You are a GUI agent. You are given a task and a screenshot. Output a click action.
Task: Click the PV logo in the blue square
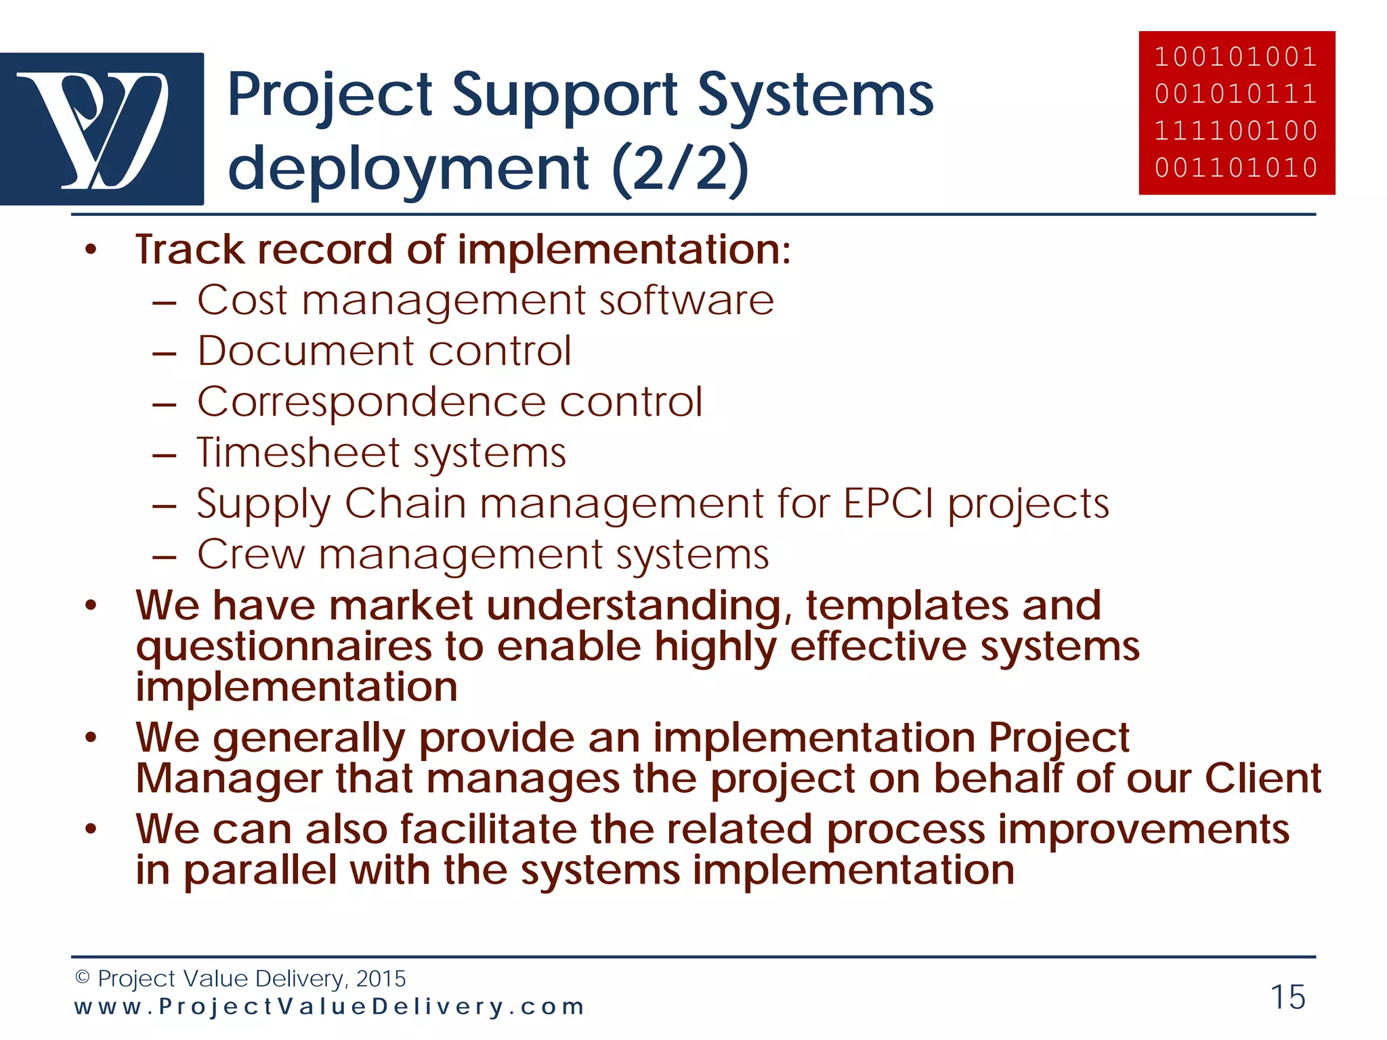102,129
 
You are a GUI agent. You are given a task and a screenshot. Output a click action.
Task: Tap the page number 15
1287,997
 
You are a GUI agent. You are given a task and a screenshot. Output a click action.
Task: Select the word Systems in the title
815,95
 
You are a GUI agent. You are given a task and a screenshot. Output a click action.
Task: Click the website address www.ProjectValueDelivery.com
329,1006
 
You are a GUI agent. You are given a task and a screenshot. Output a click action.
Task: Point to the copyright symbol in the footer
82,977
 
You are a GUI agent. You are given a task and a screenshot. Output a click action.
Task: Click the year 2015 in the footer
381,978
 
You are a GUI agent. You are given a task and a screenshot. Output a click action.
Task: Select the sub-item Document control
384,351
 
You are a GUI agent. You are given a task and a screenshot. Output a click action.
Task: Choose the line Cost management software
485,300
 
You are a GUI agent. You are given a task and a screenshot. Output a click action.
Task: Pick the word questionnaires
283,647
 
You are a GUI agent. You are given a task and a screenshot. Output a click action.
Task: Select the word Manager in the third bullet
228,779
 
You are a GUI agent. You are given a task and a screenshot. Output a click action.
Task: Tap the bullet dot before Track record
91,251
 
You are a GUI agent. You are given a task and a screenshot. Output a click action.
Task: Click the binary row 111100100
1237,130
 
